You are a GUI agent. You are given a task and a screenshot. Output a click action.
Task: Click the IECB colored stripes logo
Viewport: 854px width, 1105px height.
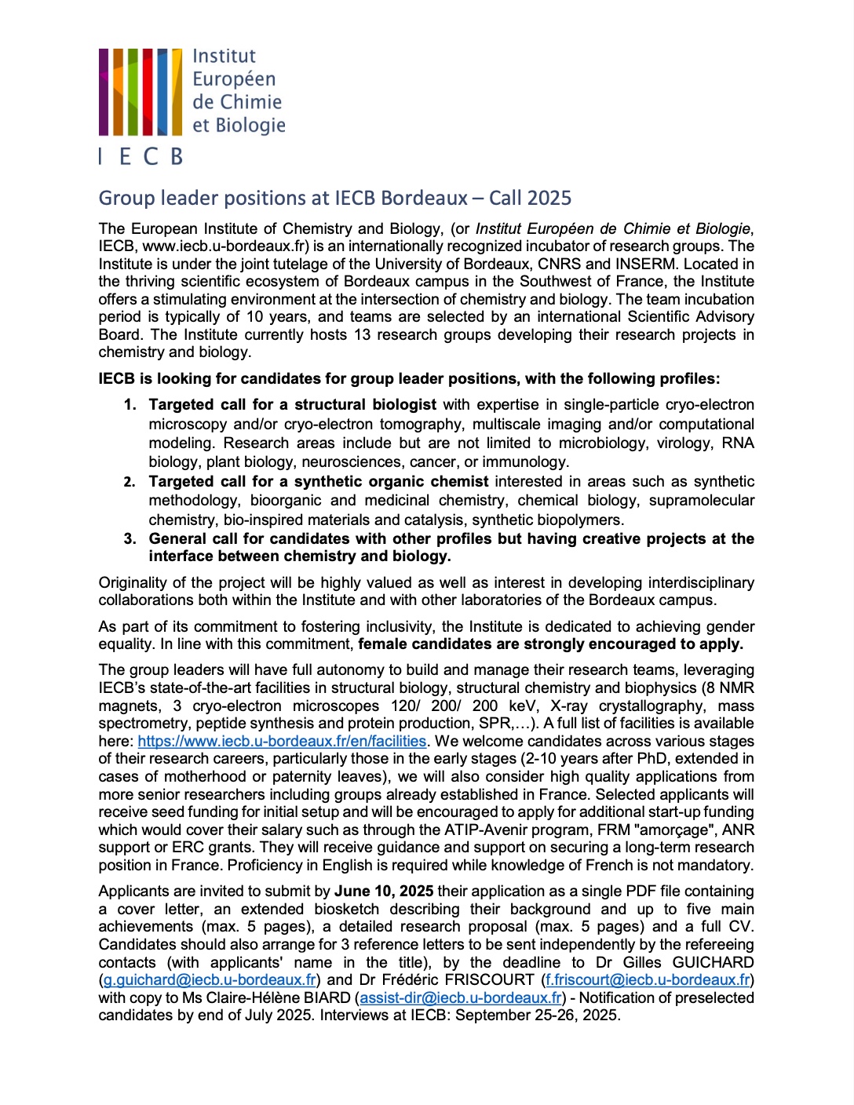134,92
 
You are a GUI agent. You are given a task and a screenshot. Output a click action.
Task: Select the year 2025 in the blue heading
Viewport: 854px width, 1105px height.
549,198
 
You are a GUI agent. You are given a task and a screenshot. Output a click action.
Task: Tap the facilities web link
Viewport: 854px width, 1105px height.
282,741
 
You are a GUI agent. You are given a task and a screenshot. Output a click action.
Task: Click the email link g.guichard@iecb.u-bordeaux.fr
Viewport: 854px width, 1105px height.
210,979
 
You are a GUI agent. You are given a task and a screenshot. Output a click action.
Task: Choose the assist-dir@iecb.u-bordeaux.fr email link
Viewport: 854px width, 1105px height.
461,997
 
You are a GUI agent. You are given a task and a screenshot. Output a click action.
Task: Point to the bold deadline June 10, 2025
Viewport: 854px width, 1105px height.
384,891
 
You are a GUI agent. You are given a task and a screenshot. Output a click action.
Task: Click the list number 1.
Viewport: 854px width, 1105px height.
130,405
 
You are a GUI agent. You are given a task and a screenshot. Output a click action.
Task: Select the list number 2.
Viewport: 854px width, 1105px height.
130,482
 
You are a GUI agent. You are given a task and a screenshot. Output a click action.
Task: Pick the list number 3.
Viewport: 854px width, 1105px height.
130,539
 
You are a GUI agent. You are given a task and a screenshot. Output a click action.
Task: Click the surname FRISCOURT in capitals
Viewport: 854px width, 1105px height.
490,979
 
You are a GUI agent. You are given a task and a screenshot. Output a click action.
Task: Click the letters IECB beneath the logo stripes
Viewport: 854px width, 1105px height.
141,156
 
